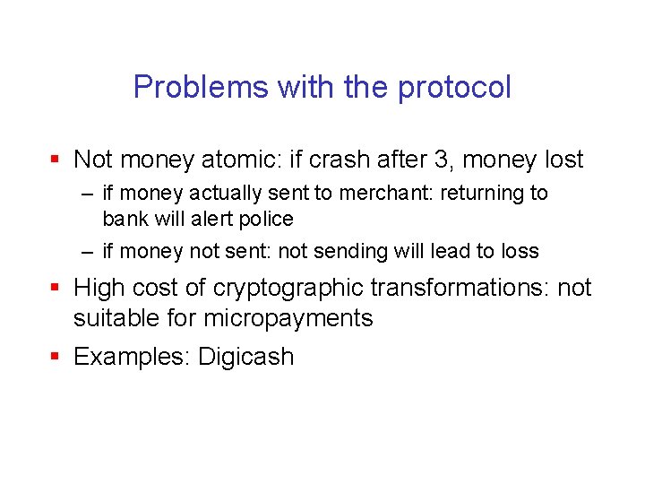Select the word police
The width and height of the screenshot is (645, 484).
(262, 219)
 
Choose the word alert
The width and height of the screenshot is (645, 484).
(210, 219)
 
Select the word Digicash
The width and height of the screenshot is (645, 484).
(245, 357)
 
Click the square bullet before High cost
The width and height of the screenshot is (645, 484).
(56, 287)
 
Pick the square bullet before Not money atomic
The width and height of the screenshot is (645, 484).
(56, 160)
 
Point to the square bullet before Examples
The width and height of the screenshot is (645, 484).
(56, 356)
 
